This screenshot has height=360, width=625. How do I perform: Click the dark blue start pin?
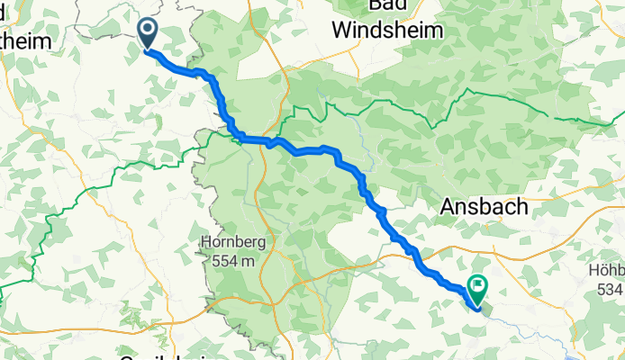[x=147, y=34]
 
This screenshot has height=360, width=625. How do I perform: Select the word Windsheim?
[x=387, y=30]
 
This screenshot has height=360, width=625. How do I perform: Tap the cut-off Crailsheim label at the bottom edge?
[x=166, y=356]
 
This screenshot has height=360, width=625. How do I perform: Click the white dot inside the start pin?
[x=147, y=31]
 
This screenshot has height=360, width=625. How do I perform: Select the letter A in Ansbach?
[x=448, y=207]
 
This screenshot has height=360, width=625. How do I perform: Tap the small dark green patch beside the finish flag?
[x=474, y=305]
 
